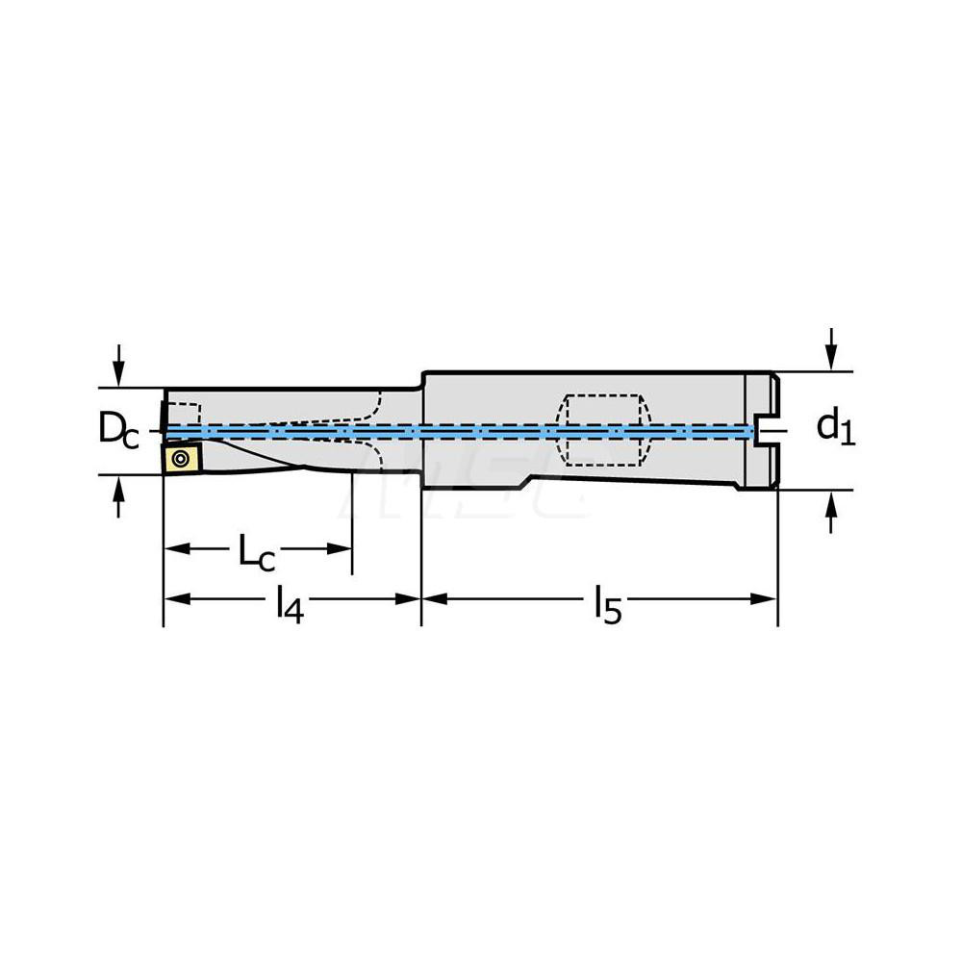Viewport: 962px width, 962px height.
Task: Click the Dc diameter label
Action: pos(118,431)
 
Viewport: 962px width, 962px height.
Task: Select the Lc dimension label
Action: pos(257,551)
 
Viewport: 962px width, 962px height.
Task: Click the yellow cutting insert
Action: pos(180,458)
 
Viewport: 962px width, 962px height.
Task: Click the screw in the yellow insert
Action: pos(180,458)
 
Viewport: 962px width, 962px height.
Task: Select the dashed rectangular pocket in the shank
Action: pos(603,430)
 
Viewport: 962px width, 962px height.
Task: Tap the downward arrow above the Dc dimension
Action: pos(118,366)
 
